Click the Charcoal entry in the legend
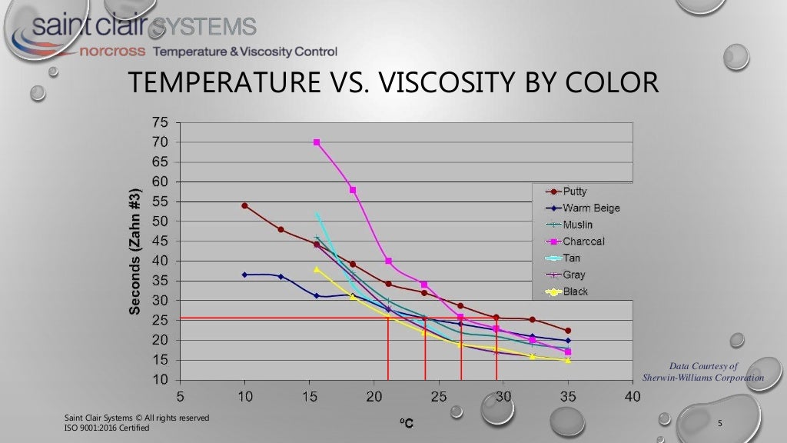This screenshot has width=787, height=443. click(582, 241)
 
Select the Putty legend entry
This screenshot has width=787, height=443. click(574, 192)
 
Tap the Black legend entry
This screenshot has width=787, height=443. click(574, 292)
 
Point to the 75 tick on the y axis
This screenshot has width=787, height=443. click(160, 122)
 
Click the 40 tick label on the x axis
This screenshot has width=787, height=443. click(632, 397)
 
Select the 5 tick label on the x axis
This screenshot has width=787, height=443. click(180, 397)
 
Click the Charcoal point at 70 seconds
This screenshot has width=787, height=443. click(317, 142)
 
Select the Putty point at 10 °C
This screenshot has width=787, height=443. click(244, 205)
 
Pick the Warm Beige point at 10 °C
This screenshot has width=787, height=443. click(244, 275)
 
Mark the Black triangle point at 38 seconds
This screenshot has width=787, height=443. click(317, 269)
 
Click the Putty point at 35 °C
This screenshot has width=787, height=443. click(568, 331)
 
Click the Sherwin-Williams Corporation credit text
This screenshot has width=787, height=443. click(703, 378)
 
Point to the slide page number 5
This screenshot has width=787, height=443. click(720, 423)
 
